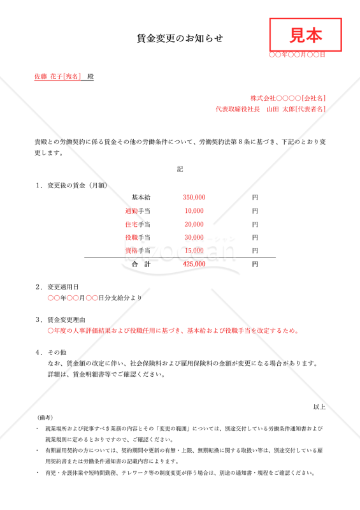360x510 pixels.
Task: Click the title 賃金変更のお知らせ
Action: coord(180,38)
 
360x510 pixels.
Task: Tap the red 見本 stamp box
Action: coord(306,34)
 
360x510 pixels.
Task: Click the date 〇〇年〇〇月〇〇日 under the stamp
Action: coord(297,55)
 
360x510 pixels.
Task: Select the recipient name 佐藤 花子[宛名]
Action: coord(58,76)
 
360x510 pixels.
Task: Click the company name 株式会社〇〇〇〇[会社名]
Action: coord(288,98)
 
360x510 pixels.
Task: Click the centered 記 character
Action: coord(180,170)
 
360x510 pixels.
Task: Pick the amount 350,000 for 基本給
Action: coord(194,198)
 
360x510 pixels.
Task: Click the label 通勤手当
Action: coord(138,211)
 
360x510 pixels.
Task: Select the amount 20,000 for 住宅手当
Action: coord(194,224)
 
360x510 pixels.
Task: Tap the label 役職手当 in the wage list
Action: coord(138,238)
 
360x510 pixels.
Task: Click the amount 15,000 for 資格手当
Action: coord(194,251)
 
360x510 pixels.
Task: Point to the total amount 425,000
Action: coord(194,263)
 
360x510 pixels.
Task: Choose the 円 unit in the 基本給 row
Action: coord(255,198)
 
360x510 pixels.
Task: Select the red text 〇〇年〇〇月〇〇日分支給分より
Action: coord(95,298)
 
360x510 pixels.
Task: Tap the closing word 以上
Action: coord(319,407)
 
